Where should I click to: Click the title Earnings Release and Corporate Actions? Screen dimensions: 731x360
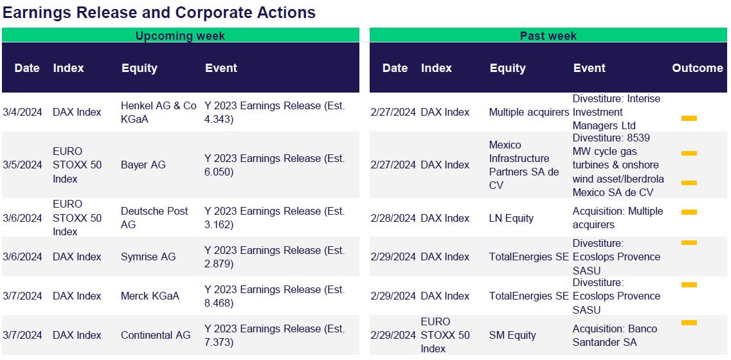point(159,13)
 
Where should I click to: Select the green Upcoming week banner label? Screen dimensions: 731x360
point(181,36)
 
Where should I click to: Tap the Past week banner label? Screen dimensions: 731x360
point(548,36)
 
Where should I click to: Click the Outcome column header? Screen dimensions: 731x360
point(698,68)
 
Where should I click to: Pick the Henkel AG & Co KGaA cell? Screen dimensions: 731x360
point(159,113)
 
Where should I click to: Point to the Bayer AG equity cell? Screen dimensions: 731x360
point(143,165)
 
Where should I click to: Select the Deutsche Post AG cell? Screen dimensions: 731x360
point(154,218)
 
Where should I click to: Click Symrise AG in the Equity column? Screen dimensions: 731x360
point(149,257)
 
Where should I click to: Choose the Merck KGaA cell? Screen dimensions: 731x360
point(150,296)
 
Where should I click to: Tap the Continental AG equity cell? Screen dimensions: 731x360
point(156,336)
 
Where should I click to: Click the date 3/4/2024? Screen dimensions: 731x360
point(23,113)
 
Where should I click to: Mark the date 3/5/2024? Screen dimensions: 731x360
point(23,165)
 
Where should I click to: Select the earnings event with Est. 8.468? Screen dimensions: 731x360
point(275,296)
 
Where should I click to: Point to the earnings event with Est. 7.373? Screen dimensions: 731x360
point(275,336)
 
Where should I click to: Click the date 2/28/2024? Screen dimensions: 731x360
point(393,218)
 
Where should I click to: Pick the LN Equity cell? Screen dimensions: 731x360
point(511,218)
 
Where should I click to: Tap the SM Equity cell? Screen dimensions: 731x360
point(512,336)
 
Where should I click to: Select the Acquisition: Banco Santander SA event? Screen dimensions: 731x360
point(615,336)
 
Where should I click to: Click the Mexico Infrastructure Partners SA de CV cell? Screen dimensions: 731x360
point(524,165)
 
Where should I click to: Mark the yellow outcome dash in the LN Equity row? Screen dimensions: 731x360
point(689,212)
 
